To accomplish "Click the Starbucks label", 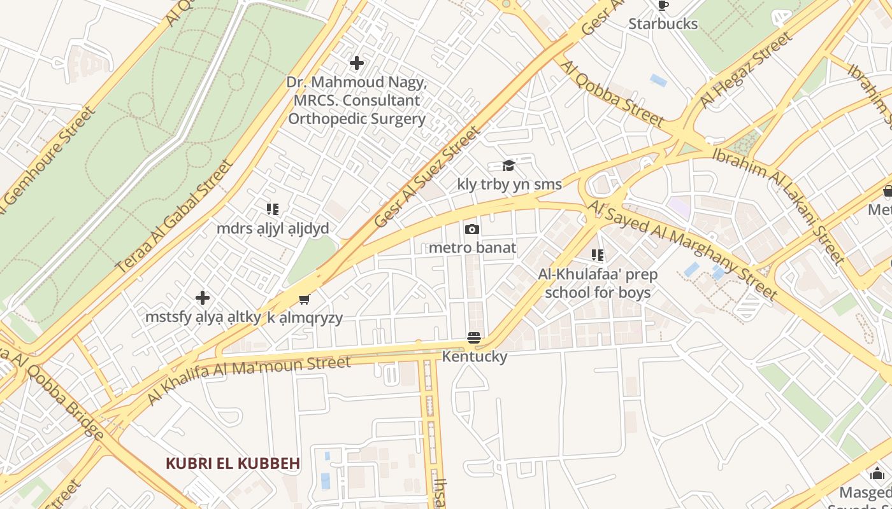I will pyautogui.click(x=663, y=24).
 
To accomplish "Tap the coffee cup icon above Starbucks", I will pyautogui.click(x=663, y=6).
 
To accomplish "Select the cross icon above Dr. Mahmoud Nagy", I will pyautogui.click(x=357, y=63).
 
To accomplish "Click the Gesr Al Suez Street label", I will pyautogui.click(x=426, y=177).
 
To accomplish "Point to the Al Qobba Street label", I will pyautogui.click(x=612, y=93).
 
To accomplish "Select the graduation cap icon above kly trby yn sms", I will pyautogui.click(x=508, y=166).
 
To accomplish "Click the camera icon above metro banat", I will pyautogui.click(x=472, y=229).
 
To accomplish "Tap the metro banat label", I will pyautogui.click(x=472, y=247).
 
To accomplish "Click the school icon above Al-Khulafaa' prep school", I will pyautogui.click(x=598, y=256).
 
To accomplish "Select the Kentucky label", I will pyautogui.click(x=475, y=356).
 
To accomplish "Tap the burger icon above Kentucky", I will pyautogui.click(x=473, y=338).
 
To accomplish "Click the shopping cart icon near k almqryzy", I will pyautogui.click(x=305, y=299).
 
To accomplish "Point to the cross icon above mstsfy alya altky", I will pyautogui.click(x=203, y=298).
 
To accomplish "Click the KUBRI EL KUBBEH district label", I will pyautogui.click(x=233, y=463).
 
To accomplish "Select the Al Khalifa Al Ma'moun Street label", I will pyautogui.click(x=248, y=380).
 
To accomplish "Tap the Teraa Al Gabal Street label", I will pyautogui.click(x=175, y=217).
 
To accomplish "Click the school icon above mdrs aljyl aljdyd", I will pyautogui.click(x=273, y=209).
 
